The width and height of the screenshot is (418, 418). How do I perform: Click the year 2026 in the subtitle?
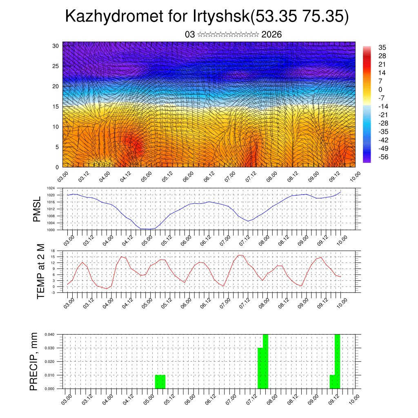271,34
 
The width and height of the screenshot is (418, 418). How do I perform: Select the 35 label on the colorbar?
382,47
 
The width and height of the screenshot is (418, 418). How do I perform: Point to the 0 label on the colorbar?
380,89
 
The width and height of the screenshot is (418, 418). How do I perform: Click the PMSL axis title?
37,209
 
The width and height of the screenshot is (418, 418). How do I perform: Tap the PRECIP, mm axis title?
34,361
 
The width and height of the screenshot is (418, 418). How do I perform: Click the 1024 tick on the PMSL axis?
51,188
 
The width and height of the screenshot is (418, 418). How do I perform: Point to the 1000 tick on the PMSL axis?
51,230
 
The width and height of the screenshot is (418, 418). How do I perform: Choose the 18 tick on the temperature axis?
53,251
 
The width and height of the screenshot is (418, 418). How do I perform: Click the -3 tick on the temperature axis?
53,292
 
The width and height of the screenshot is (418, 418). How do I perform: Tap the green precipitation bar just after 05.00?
160,382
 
